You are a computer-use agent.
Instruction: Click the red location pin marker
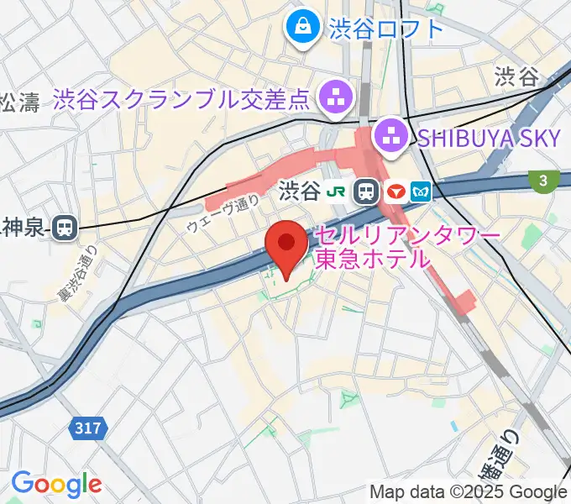click(x=285, y=246)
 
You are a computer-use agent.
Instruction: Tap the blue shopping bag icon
click(x=301, y=29)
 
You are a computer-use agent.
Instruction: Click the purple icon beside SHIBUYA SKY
click(x=390, y=134)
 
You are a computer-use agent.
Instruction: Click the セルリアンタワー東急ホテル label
click(x=407, y=247)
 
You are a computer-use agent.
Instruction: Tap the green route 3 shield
click(x=544, y=181)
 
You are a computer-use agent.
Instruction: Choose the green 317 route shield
click(x=86, y=428)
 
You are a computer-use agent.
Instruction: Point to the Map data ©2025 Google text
click(x=469, y=491)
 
